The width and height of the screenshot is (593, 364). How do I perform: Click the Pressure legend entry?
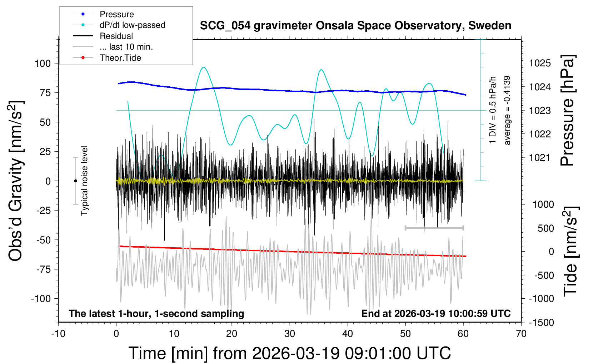(116, 14)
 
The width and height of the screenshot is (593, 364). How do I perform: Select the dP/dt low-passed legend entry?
(132, 25)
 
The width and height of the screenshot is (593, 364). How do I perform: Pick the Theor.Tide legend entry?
(120, 58)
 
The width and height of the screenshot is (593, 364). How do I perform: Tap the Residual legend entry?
(116, 36)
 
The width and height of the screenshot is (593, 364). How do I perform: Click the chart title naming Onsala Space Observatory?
(355, 26)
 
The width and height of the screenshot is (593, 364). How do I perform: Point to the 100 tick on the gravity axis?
(43, 64)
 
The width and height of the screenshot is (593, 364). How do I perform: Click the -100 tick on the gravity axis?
(41, 298)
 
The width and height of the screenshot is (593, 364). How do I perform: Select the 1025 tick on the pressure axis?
(540, 63)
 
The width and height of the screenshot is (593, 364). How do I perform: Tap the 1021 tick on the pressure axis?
(540, 157)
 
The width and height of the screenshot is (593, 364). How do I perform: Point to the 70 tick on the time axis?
(521, 334)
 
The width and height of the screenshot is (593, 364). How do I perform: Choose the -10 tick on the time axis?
(58, 334)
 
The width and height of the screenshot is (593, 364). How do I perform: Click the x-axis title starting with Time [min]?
(289, 353)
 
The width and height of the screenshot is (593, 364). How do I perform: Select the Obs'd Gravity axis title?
(16, 181)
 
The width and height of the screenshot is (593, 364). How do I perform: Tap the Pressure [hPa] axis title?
(567, 111)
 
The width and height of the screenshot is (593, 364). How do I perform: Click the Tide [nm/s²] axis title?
(570, 251)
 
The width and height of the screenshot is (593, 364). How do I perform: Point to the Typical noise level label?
(84, 181)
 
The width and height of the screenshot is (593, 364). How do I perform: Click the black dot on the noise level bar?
(75, 181)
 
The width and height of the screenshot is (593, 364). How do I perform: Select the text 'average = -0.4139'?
(507, 110)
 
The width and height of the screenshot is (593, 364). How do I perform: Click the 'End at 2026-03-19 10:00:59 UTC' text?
(436, 314)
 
